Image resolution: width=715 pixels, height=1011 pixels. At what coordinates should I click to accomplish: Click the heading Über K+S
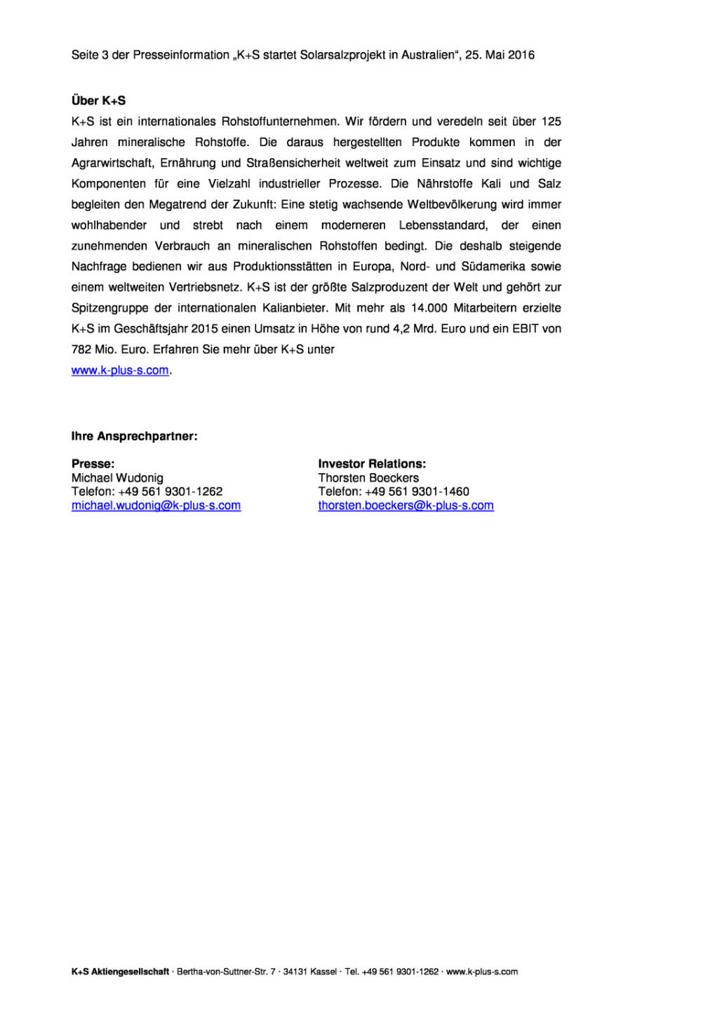click(98, 100)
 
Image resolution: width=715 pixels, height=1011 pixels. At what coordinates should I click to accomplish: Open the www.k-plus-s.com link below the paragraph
click(120, 370)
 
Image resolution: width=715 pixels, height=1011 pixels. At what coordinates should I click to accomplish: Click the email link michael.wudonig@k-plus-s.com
click(156, 505)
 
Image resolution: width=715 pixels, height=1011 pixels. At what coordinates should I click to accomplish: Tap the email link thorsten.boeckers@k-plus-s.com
click(406, 505)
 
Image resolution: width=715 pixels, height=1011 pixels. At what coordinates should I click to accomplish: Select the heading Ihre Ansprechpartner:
click(134, 436)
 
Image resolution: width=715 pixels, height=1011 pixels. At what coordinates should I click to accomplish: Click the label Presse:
click(93, 463)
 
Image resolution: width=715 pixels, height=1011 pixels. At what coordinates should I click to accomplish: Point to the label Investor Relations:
click(372, 463)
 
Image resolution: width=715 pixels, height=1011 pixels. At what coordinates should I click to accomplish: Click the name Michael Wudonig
click(117, 477)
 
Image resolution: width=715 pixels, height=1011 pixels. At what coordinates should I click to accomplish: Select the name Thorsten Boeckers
click(368, 477)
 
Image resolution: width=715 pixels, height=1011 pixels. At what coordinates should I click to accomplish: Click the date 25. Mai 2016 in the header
click(500, 55)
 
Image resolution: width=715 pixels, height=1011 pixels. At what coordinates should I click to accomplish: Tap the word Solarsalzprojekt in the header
click(342, 55)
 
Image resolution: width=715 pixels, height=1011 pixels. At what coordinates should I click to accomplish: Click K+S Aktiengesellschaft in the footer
click(120, 972)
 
